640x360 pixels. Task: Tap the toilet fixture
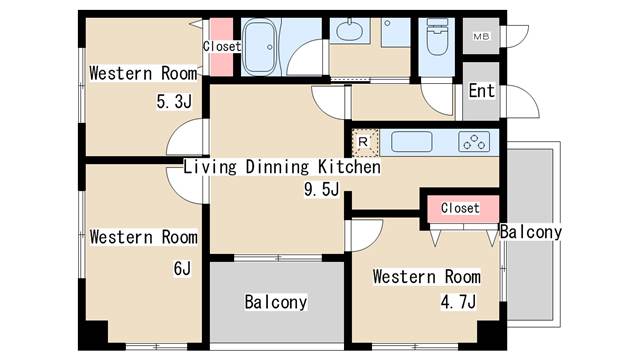436,37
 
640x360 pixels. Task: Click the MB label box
481,36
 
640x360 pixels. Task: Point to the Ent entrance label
482,91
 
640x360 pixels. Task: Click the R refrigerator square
364,142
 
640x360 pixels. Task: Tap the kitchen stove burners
474,142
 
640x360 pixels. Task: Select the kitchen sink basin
411,142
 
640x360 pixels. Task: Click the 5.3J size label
174,101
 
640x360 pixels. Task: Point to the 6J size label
182,268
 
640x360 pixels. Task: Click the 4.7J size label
458,302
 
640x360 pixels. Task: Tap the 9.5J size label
321,189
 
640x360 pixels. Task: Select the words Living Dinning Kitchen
282,167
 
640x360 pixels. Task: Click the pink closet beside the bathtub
221,47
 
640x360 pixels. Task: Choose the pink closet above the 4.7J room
463,209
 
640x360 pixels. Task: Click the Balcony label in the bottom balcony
276,302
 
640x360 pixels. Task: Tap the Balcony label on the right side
531,232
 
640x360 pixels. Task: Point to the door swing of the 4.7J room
364,236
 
